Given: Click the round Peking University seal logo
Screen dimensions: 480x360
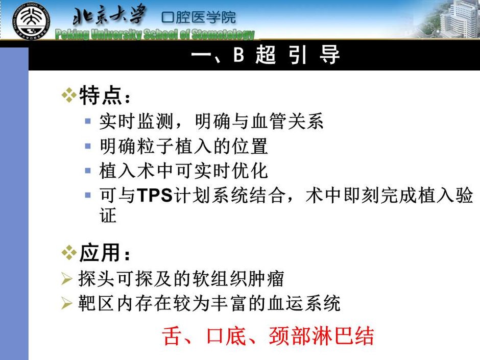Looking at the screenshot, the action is click(31, 21).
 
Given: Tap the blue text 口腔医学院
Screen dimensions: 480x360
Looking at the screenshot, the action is click(199, 17).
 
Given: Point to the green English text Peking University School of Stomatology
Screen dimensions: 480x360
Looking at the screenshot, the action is click(155, 34).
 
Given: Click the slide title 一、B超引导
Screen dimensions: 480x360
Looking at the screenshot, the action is click(266, 55).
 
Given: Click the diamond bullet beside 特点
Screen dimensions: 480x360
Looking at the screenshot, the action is click(69, 95).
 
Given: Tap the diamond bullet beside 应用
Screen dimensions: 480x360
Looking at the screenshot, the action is click(69, 253).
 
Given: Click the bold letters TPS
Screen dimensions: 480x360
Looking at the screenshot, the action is click(155, 195).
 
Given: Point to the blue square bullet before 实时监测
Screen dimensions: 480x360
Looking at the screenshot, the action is click(88, 121).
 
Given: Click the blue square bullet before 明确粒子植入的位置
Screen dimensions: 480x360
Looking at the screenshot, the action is click(88, 146).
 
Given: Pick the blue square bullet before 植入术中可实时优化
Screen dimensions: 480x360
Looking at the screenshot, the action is click(88, 171).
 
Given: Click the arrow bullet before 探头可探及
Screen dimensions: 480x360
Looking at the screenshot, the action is click(67, 279).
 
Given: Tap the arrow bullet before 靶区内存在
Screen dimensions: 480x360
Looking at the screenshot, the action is click(67, 303).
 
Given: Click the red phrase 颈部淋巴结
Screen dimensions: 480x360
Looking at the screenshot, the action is click(322, 336).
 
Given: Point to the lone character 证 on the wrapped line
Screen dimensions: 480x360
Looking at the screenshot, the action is click(108, 215).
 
